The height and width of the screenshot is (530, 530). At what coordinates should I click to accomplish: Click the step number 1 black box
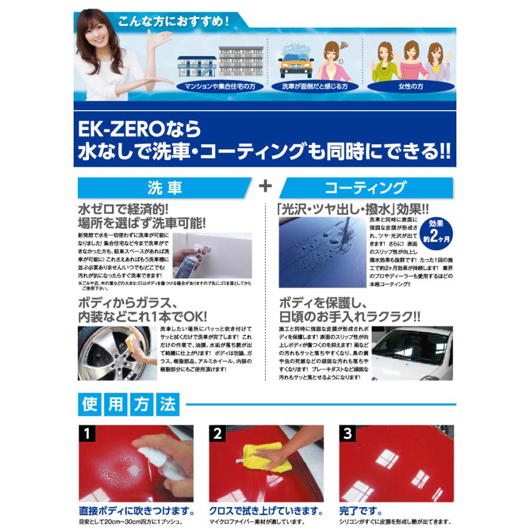(87, 435)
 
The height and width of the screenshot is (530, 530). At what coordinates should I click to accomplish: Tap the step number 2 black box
(218, 435)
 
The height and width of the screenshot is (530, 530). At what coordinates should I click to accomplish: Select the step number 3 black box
(349, 435)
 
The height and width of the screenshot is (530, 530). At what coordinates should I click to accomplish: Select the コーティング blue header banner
(365, 188)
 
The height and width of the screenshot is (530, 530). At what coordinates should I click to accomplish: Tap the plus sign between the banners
(266, 186)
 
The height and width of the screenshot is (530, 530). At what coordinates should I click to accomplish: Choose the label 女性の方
(410, 86)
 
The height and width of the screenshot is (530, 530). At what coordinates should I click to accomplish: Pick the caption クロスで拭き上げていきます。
(266, 510)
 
